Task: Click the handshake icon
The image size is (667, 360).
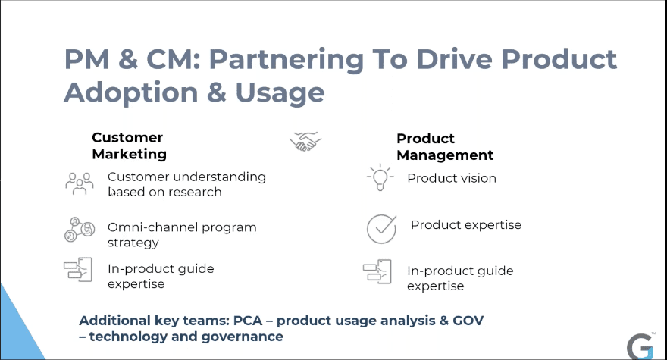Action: click(x=305, y=141)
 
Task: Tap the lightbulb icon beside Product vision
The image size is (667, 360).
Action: click(x=380, y=177)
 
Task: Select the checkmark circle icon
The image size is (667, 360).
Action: click(x=381, y=229)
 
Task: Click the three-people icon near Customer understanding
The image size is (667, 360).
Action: click(x=80, y=183)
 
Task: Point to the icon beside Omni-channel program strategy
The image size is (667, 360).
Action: click(x=80, y=230)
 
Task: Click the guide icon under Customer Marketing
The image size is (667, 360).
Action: click(x=78, y=269)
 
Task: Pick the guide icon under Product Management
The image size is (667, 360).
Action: click(x=377, y=271)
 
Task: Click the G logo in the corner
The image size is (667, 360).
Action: click(x=640, y=347)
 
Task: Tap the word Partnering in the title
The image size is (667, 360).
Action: click(x=287, y=59)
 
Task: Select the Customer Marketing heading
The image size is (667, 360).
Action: click(x=130, y=146)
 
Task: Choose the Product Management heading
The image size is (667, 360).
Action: click(x=445, y=147)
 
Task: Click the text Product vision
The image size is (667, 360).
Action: click(x=452, y=178)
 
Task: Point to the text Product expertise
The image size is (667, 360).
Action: click(x=466, y=224)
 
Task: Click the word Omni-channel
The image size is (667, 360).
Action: click(x=152, y=227)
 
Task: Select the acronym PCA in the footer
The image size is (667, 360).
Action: click(x=248, y=321)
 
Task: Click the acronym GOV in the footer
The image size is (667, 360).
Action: click(x=468, y=321)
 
